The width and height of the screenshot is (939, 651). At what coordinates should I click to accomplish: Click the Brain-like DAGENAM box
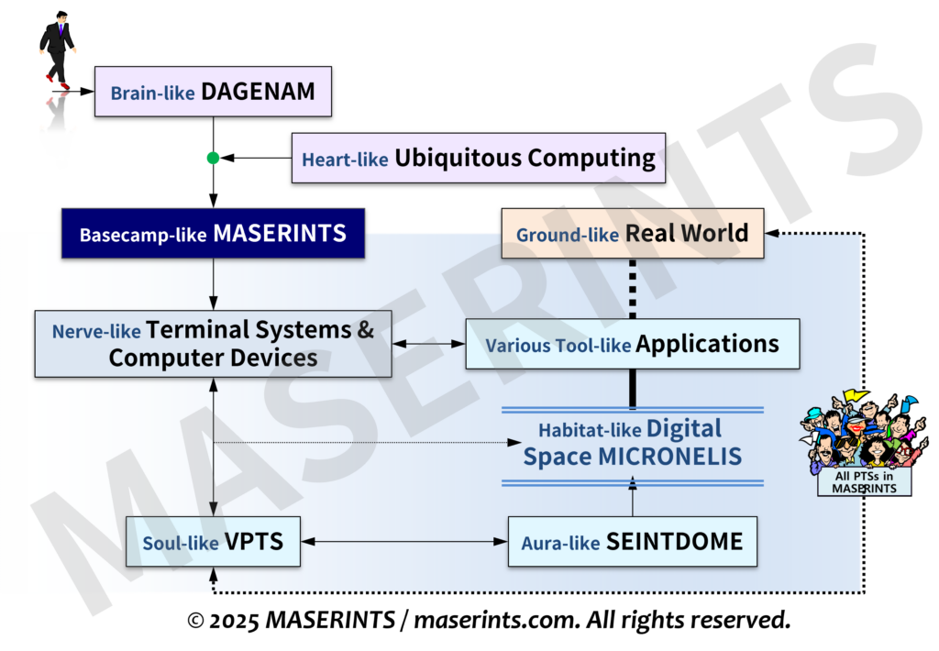coord(212,92)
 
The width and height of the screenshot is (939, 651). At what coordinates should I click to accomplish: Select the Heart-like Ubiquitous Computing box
coord(478,159)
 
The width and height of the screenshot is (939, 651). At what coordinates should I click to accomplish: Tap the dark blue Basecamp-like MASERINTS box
coord(213,234)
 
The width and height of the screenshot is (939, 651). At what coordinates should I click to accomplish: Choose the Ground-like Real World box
coord(632,233)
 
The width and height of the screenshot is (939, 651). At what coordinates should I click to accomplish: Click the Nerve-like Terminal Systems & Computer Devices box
coord(213,343)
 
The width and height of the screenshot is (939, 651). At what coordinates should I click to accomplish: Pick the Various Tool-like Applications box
coord(632,345)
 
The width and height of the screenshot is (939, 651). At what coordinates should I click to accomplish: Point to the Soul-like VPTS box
coord(213,541)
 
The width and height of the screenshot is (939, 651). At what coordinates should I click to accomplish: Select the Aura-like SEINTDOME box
coord(632,541)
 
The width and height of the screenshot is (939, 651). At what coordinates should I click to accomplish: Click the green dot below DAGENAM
coord(213,159)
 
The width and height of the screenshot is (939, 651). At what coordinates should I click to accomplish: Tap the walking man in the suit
coord(58,50)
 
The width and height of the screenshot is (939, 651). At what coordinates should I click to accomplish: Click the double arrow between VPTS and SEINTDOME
coord(404,542)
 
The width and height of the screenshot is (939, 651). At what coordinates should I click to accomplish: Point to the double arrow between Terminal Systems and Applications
coord(428,344)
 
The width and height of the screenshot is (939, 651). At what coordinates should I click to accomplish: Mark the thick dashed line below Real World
coord(632,288)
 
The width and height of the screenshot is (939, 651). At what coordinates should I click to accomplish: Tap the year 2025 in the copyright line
coord(235,621)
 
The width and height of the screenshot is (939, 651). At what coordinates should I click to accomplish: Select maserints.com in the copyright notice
coord(494,621)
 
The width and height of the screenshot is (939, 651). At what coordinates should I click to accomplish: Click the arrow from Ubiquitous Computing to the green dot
coord(256,159)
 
